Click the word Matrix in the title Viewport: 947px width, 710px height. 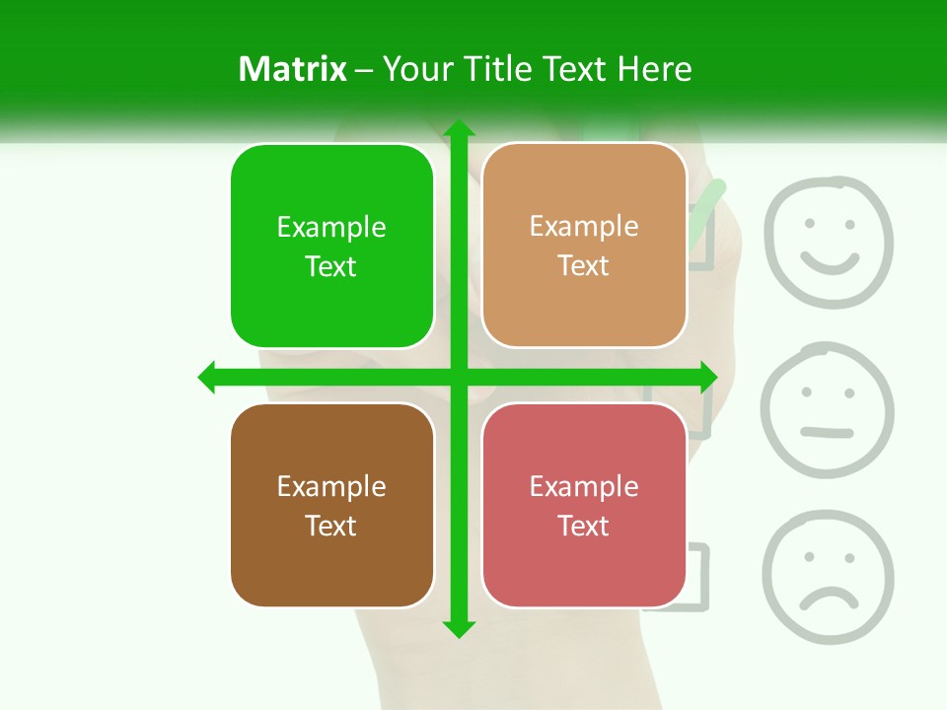tap(292, 69)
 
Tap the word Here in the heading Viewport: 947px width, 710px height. tap(654, 69)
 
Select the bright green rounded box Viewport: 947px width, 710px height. tap(331, 246)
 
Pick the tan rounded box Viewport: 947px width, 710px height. tap(584, 246)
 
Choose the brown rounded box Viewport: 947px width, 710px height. tap(331, 505)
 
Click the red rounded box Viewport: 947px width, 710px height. tap(584, 505)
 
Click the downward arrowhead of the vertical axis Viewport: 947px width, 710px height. tap(458, 628)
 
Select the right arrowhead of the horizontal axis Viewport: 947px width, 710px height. tap(708, 377)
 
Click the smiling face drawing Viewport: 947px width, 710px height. tap(829, 243)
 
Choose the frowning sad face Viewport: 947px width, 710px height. tap(828, 576)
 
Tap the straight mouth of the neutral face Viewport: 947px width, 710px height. tap(827, 432)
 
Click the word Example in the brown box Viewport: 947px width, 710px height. tap(331, 486)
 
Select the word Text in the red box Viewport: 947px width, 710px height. tap(584, 526)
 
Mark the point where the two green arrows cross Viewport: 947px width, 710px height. tap(458, 377)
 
